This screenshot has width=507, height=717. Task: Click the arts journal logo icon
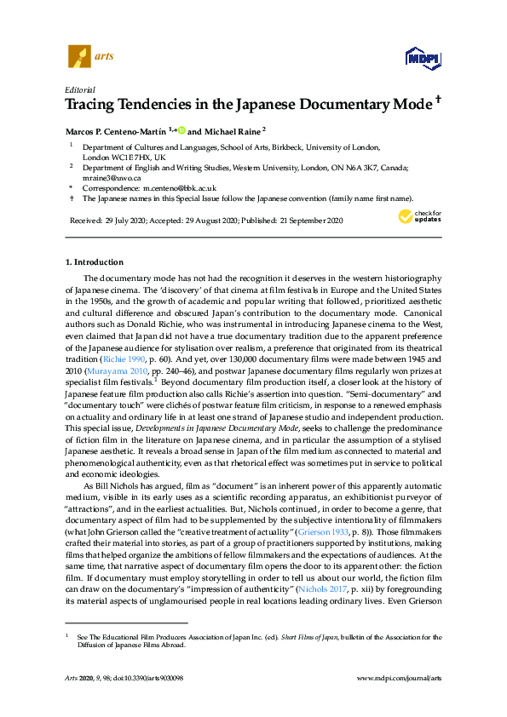click(78, 56)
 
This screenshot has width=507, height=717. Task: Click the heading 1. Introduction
click(95, 262)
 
